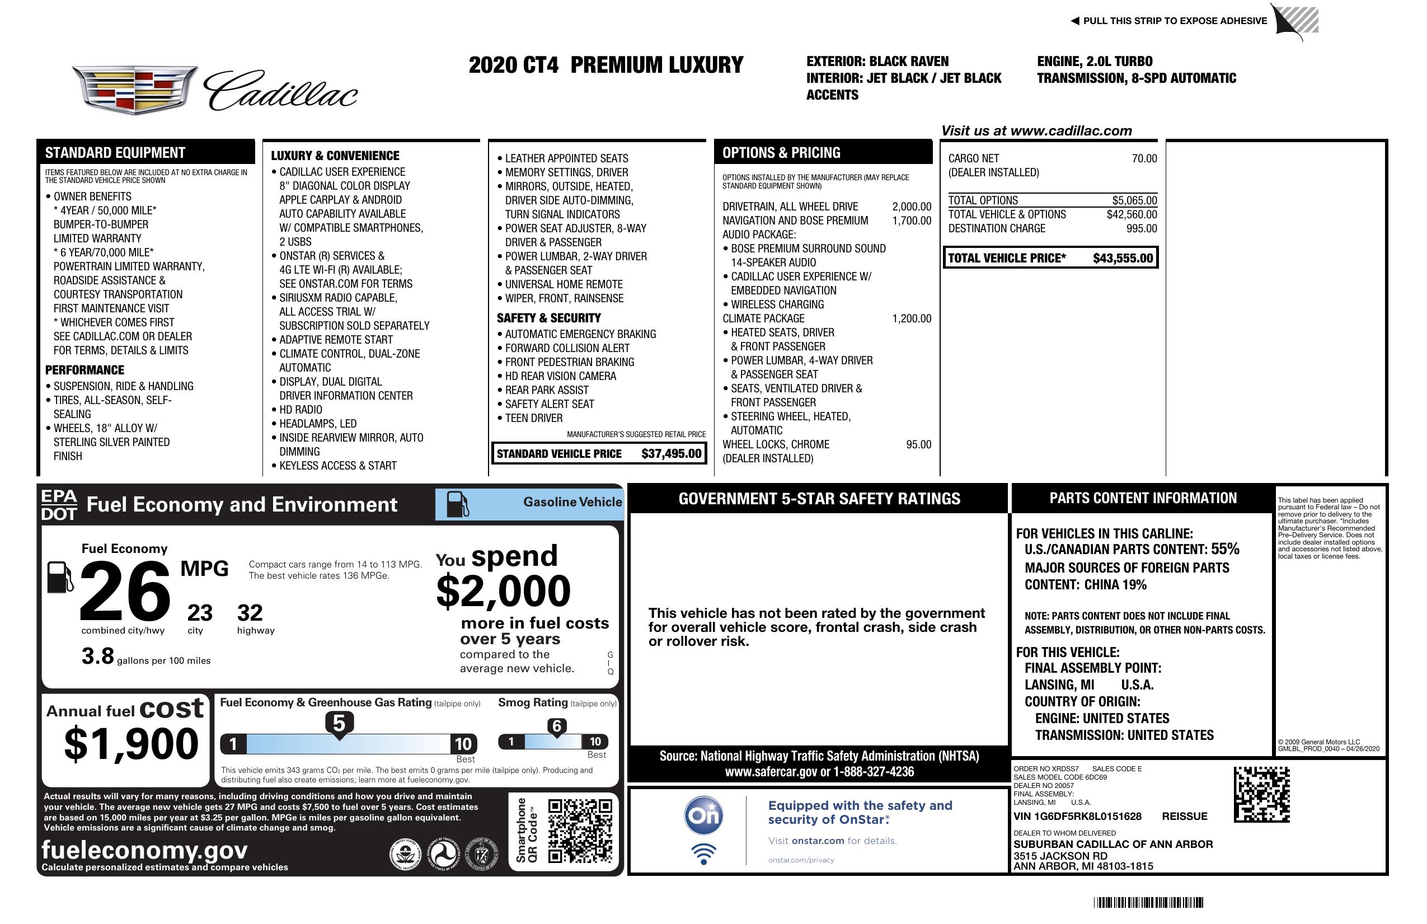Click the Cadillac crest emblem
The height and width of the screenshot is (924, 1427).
(x=134, y=90)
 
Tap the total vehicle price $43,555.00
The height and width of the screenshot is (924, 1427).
(x=1123, y=259)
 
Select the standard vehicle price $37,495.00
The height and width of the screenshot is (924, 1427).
(x=671, y=454)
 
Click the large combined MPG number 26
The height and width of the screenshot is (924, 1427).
(x=125, y=591)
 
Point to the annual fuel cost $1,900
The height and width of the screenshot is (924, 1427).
(x=131, y=744)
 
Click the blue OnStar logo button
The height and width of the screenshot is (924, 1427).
(x=703, y=815)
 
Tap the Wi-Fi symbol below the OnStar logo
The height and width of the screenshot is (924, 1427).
(x=703, y=853)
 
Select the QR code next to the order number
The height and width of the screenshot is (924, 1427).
(x=1261, y=794)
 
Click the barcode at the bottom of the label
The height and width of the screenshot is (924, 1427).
(x=1148, y=902)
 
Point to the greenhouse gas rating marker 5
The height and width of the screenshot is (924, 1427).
(x=339, y=724)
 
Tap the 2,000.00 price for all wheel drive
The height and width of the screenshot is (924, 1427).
(x=912, y=207)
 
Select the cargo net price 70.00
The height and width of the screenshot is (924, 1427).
(x=1144, y=159)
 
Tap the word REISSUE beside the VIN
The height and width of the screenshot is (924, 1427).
(x=1184, y=816)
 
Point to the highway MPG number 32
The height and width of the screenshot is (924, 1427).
(x=250, y=613)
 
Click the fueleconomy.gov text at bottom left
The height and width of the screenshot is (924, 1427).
(x=144, y=850)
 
